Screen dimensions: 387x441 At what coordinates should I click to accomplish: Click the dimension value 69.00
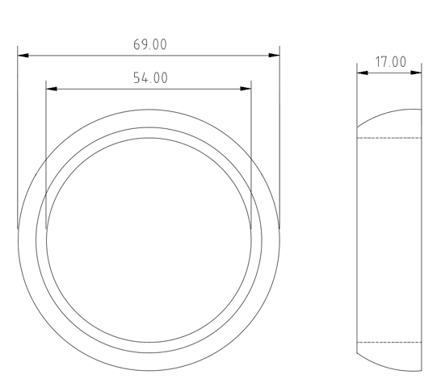(x=150, y=44)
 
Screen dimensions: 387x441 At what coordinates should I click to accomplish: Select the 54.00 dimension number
(x=150, y=78)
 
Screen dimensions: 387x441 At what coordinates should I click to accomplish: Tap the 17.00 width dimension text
(x=390, y=62)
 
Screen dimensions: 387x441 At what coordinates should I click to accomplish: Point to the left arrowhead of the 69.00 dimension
(x=23, y=56)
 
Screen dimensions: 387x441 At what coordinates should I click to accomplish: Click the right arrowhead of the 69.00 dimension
(x=275, y=56)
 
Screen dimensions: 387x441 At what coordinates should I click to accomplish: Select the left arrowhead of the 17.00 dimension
(x=362, y=73)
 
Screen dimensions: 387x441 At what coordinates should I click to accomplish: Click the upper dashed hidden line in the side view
(x=389, y=138)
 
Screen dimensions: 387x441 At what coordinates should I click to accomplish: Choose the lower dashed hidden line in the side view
(x=389, y=343)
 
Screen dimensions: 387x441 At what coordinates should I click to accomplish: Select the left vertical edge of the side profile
(x=356, y=242)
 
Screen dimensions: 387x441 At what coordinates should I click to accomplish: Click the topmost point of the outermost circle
(x=149, y=109)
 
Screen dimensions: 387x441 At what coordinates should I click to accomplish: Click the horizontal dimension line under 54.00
(x=97, y=89)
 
